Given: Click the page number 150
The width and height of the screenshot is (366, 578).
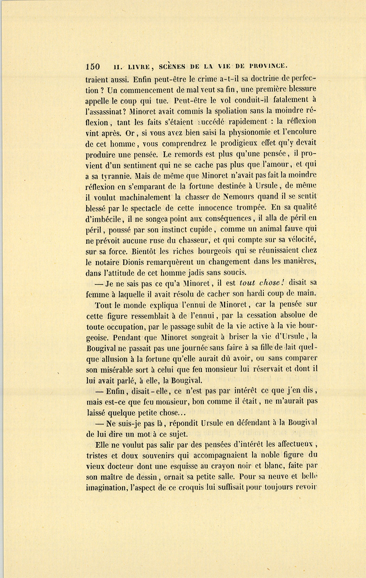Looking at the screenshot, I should (x=93, y=67).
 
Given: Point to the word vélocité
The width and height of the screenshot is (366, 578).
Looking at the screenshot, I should (x=299, y=240).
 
